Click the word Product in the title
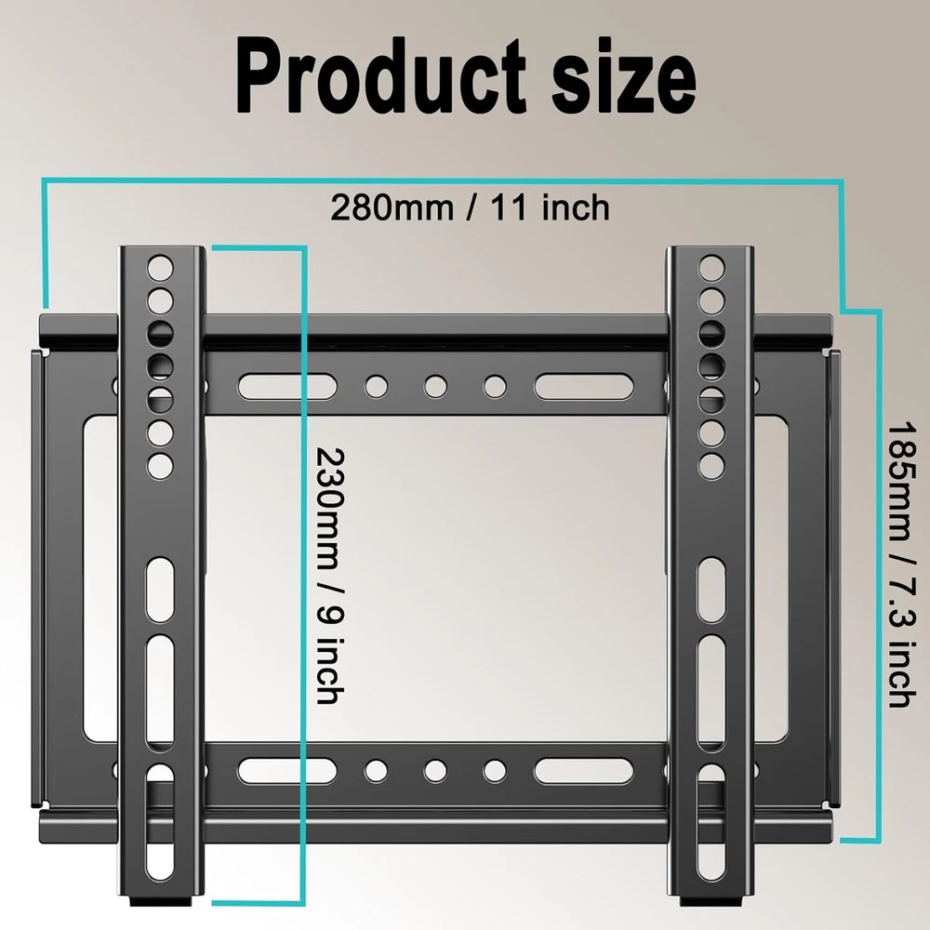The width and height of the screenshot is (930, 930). coord(380,76)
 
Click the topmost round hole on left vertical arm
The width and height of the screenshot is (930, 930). coord(160,268)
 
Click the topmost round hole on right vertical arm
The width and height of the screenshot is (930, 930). coord(711,268)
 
